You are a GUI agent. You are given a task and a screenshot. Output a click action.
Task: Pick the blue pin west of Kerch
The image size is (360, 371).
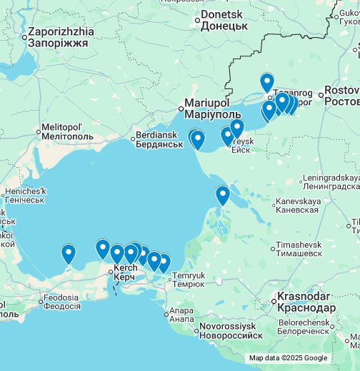pos(69,253)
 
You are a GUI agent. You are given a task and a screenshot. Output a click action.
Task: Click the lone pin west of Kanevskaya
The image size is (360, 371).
pos(223,195)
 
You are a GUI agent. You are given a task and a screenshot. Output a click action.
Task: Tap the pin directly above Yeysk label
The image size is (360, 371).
pos(236,128)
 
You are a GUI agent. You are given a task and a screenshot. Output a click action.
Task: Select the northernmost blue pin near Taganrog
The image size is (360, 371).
pos(266,83)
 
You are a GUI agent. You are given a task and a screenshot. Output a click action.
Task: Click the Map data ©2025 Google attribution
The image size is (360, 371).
pos(288,358)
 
